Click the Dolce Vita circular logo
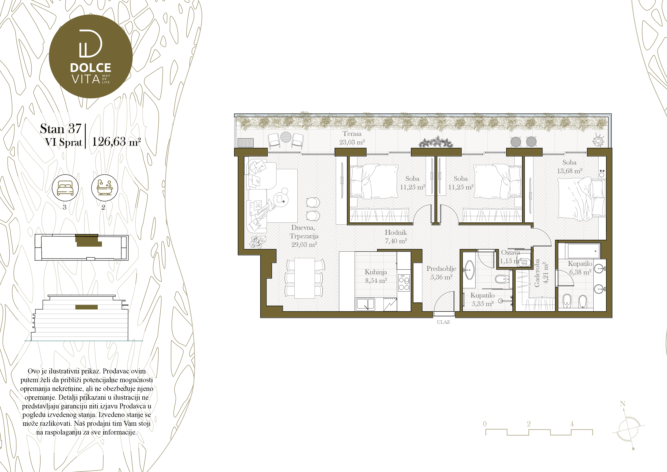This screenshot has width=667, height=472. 91,56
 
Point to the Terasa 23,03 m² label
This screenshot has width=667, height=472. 352,138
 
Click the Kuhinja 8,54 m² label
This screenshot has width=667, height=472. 376,276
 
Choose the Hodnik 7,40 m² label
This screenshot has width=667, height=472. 396,236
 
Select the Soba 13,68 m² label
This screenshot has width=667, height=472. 569,167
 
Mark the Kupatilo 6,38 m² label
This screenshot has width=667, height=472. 580,268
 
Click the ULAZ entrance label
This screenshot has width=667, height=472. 443,322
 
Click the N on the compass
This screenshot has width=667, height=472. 623,404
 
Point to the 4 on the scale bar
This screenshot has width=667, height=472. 572,424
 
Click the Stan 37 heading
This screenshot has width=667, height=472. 61,128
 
